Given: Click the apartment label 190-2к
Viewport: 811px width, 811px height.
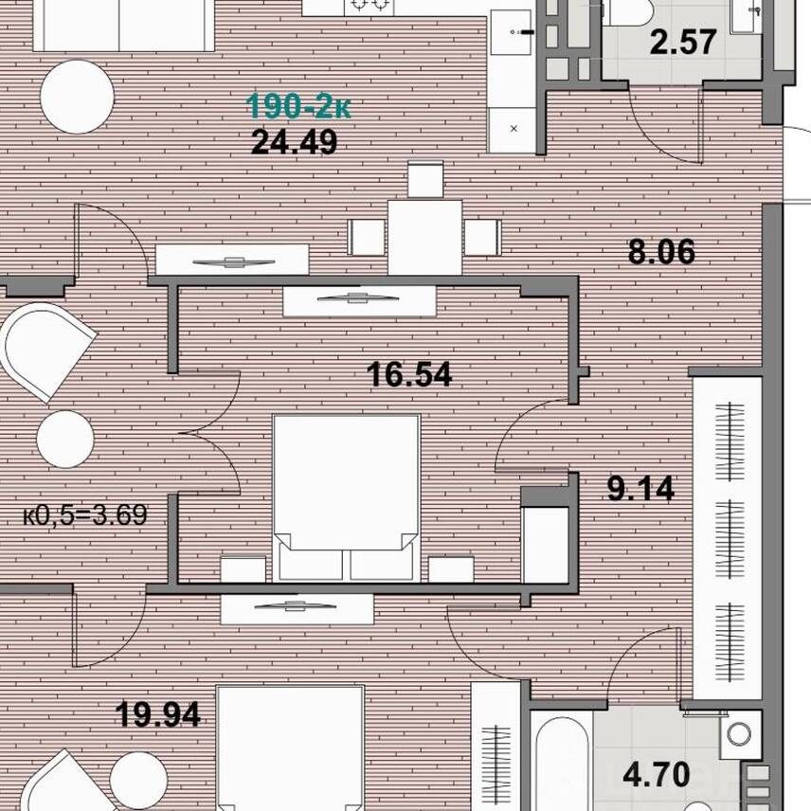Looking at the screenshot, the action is click(298, 106).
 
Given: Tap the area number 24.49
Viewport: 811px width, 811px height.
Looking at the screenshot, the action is click(295, 142).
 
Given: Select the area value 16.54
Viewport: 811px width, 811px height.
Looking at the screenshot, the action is click(409, 374).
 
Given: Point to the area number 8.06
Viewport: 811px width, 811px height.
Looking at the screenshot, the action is click(661, 252).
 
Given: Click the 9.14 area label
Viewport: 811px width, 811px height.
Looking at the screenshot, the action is click(640, 489).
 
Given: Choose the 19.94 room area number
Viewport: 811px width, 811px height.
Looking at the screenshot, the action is click(158, 714).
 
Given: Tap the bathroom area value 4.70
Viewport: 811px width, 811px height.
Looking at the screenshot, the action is click(657, 775).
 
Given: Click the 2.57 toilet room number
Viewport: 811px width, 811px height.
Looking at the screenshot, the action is click(683, 43).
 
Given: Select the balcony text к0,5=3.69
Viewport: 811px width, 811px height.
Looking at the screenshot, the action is click(85, 515).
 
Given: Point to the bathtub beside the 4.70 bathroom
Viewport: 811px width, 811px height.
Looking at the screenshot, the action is click(561, 762).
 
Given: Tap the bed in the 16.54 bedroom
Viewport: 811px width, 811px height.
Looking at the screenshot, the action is click(346, 497).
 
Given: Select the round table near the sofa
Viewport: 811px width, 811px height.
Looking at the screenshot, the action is click(77, 97).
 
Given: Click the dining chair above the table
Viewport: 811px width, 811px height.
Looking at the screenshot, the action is click(425, 179).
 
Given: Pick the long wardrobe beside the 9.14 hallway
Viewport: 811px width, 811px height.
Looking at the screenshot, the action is click(728, 538).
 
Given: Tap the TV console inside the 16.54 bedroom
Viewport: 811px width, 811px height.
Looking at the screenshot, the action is click(359, 300).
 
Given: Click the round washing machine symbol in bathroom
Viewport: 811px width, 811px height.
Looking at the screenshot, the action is click(739, 733).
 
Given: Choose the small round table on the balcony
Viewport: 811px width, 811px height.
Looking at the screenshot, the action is click(65, 439).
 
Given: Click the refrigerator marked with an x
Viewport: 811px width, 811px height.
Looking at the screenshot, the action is click(513, 129).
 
